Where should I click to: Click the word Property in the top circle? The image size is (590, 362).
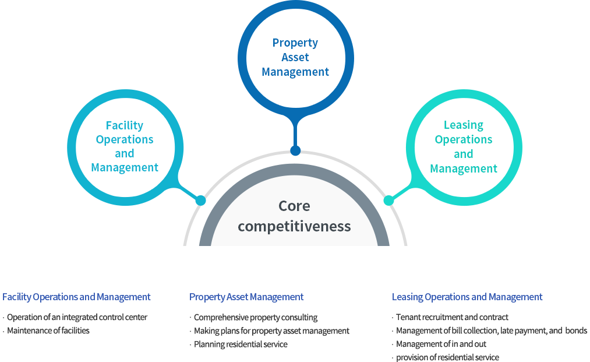click(295, 43)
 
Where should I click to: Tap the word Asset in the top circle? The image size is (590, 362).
click(295, 57)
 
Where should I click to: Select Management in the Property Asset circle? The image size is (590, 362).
click(295, 72)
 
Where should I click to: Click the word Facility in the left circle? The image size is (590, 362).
click(125, 125)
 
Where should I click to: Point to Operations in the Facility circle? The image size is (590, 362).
click(125, 139)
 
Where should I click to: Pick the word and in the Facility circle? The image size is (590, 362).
click(125, 153)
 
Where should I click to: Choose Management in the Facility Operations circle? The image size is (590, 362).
click(125, 167)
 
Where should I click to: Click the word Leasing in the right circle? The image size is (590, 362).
click(464, 125)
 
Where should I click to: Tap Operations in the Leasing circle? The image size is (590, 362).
click(464, 139)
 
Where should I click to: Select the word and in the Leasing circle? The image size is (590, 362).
click(464, 154)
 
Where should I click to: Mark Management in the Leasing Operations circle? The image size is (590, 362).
click(464, 168)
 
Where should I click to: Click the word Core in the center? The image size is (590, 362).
click(294, 206)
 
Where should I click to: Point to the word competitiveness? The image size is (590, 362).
click(294, 226)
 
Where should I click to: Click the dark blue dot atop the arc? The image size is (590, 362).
click(295, 151)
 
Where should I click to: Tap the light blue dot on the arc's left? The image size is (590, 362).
click(200, 201)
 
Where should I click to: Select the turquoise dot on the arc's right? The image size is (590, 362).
click(388, 201)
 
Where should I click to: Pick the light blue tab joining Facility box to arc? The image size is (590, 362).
click(194, 187)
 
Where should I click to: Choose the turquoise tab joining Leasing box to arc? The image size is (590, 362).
click(394, 187)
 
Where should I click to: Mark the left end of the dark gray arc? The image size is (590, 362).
click(204, 254)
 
